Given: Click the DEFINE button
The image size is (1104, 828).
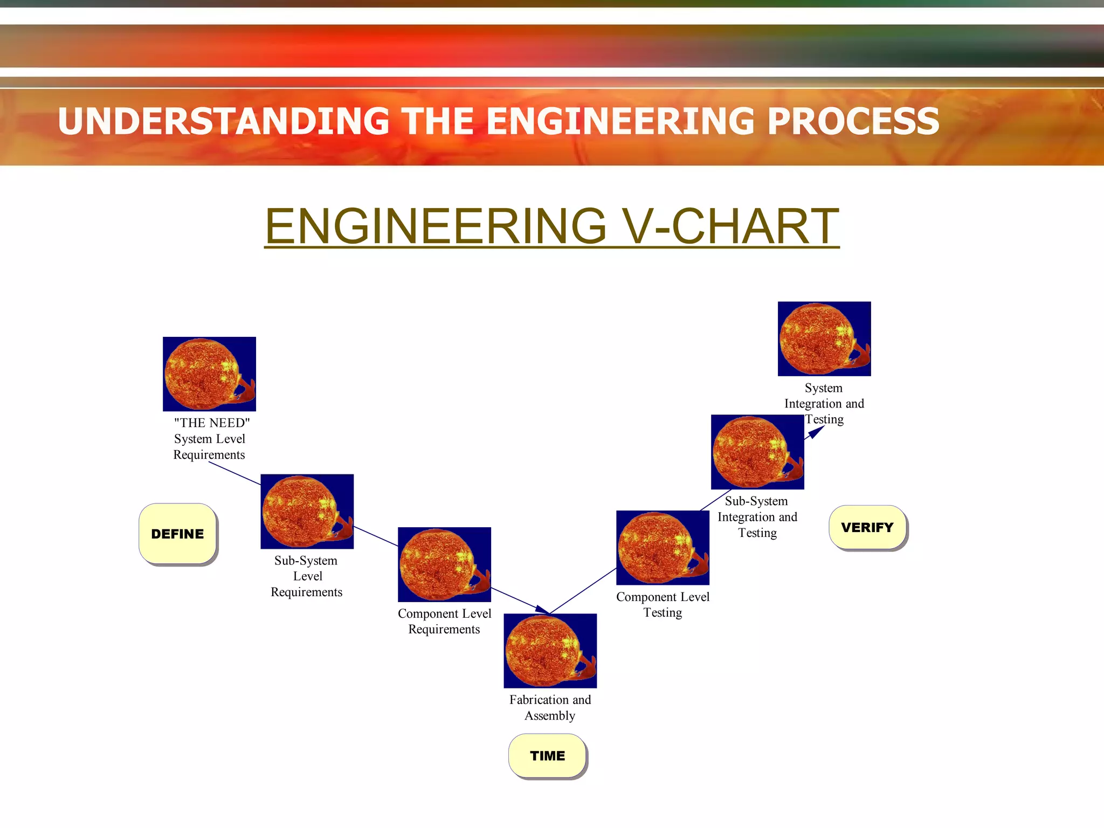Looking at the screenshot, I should click(x=177, y=534).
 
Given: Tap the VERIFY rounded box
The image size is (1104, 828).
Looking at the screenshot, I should click(x=867, y=527).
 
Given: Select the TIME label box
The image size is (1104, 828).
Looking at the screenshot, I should click(x=547, y=756).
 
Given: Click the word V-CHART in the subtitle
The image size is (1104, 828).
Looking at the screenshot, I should click(x=730, y=226).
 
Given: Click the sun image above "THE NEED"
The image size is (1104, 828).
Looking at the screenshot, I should click(x=209, y=374).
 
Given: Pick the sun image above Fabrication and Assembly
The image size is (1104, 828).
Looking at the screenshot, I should click(x=550, y=650).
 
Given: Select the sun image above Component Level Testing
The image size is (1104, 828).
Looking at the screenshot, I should click(x=663, y=547).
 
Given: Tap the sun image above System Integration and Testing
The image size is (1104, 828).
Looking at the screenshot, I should click(x=824, y=339).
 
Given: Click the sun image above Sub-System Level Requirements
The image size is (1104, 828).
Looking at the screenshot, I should click(x=307, y=511).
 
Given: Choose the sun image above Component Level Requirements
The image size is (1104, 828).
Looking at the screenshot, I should click(x=444, y=564).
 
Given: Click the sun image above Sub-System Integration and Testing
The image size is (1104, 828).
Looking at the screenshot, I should click(x=757, y=452).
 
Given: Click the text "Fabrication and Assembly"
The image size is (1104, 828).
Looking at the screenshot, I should click(x=550, y=707).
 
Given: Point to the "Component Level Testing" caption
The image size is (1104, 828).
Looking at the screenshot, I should click(x=663, y=604).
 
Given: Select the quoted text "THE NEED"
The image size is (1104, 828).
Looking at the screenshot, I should click(x=212, y=423).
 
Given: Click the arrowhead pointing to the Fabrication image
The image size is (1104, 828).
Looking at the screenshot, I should click(x=543, y=610).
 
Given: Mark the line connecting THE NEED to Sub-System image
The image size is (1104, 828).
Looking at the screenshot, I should click(x=235, y=474).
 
